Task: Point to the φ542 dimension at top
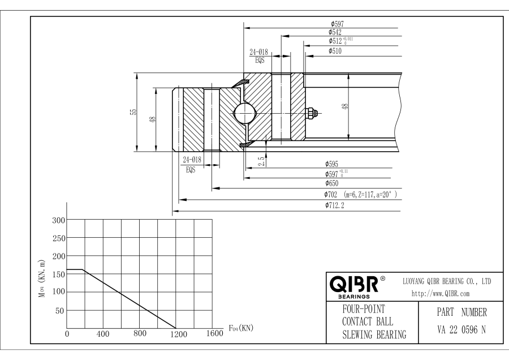tap(336, 32)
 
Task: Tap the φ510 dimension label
tap(334, 51)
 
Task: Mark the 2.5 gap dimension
tap(261, 161)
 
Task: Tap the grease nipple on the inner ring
tap(312, 113)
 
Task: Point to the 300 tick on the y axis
tap(59, 220)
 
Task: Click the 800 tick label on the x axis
tap(140, 334)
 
